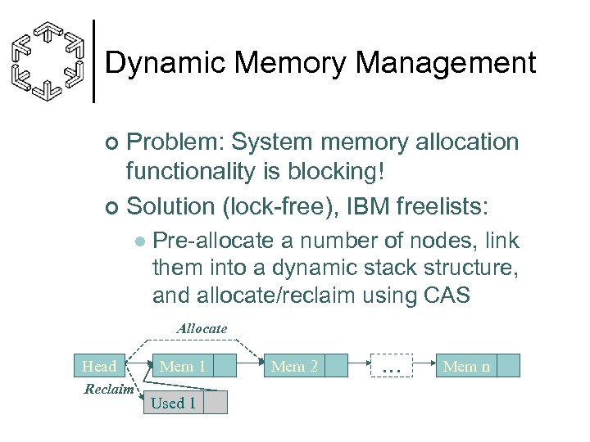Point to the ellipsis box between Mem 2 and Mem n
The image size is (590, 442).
click(392, 366)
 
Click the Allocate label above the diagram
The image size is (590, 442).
click(202, 328)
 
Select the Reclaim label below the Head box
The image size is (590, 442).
click(109, 389)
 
